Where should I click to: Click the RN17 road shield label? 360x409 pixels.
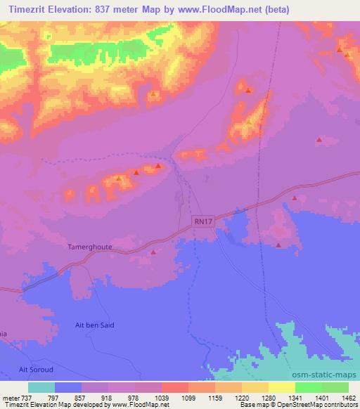[202, 221]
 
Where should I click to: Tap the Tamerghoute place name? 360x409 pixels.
[89, 248]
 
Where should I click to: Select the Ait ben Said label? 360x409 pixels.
[94, 325]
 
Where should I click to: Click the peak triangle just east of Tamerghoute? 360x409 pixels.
[154, 252]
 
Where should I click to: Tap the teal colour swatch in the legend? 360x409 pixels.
[41, 387]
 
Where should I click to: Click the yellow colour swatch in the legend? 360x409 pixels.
[281, 387]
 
